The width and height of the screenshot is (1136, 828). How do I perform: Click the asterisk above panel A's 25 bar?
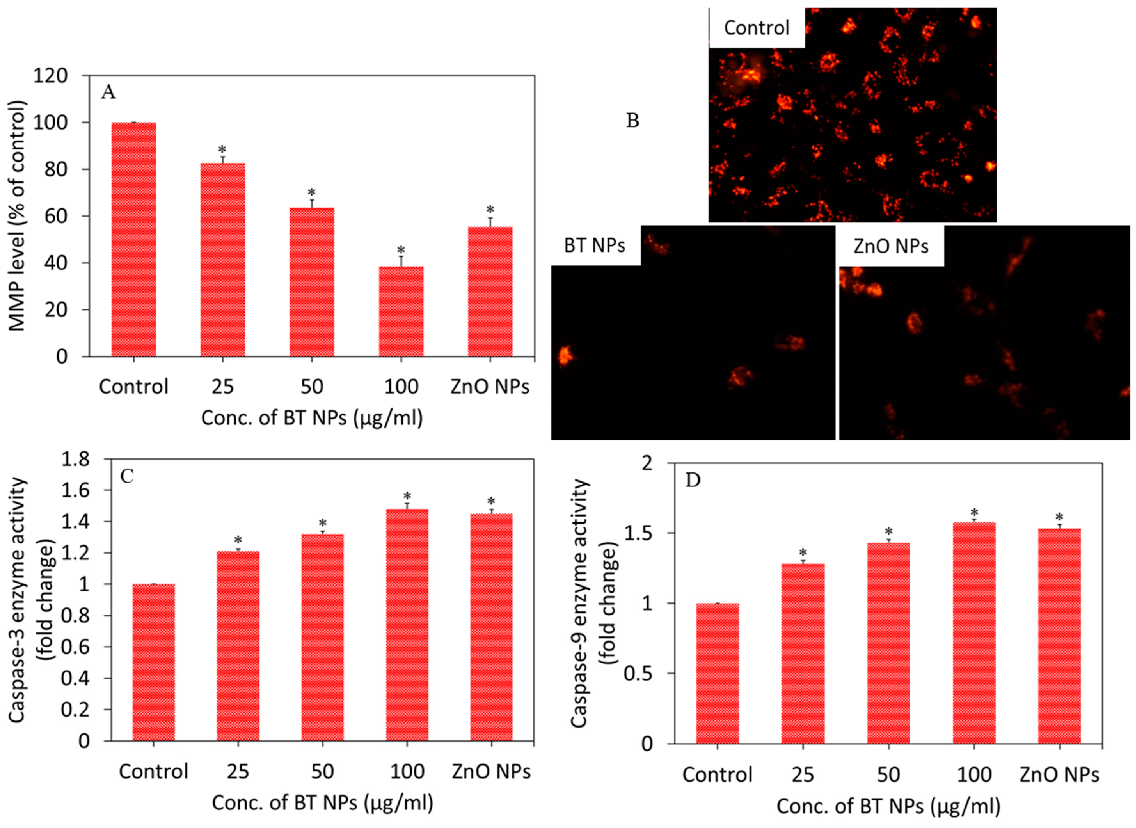222,150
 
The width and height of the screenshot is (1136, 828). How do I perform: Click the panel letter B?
632,121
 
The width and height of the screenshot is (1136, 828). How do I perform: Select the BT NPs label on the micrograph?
594,245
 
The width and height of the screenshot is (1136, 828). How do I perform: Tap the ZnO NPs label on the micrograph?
891,246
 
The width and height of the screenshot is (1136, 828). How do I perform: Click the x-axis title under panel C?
322,803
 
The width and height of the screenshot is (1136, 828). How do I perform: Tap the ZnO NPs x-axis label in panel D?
1059,775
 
